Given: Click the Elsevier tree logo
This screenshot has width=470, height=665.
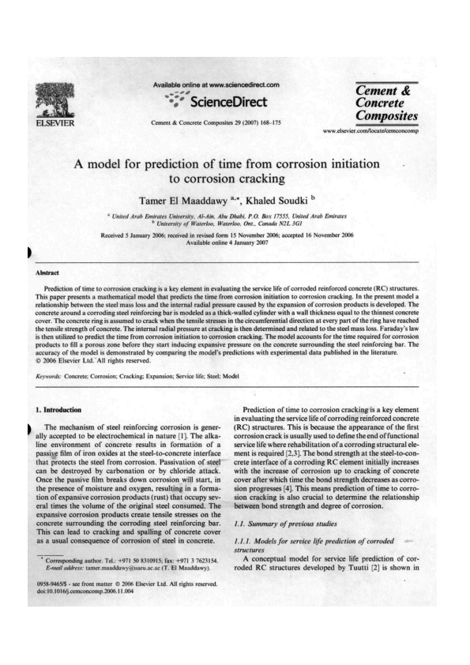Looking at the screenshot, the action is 53,100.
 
